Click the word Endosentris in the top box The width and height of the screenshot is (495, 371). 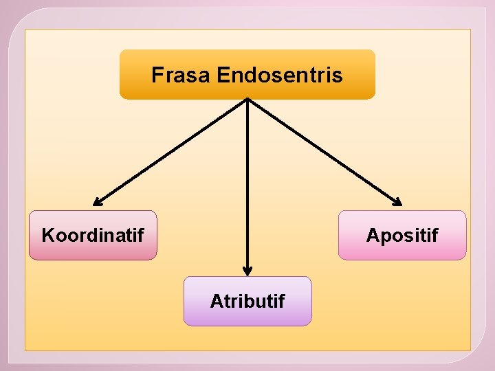point(279,74)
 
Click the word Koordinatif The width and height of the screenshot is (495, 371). point(93,236)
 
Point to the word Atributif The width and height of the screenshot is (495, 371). point(247,301)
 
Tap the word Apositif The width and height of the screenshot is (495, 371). point(402,236)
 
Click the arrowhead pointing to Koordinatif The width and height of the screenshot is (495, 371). point(98,202)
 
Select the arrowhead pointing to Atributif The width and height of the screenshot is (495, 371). point(247,270)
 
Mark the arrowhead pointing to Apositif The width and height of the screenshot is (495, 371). point(397,202)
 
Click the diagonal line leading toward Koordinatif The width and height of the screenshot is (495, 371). point(172,151)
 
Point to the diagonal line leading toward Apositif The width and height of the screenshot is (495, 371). point(323,151)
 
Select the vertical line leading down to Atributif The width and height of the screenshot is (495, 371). point(247,185)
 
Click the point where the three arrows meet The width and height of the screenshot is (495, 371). point(247,100)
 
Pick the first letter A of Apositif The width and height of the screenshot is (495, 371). point(372,236)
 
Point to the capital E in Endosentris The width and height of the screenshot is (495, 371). point(222,74)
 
